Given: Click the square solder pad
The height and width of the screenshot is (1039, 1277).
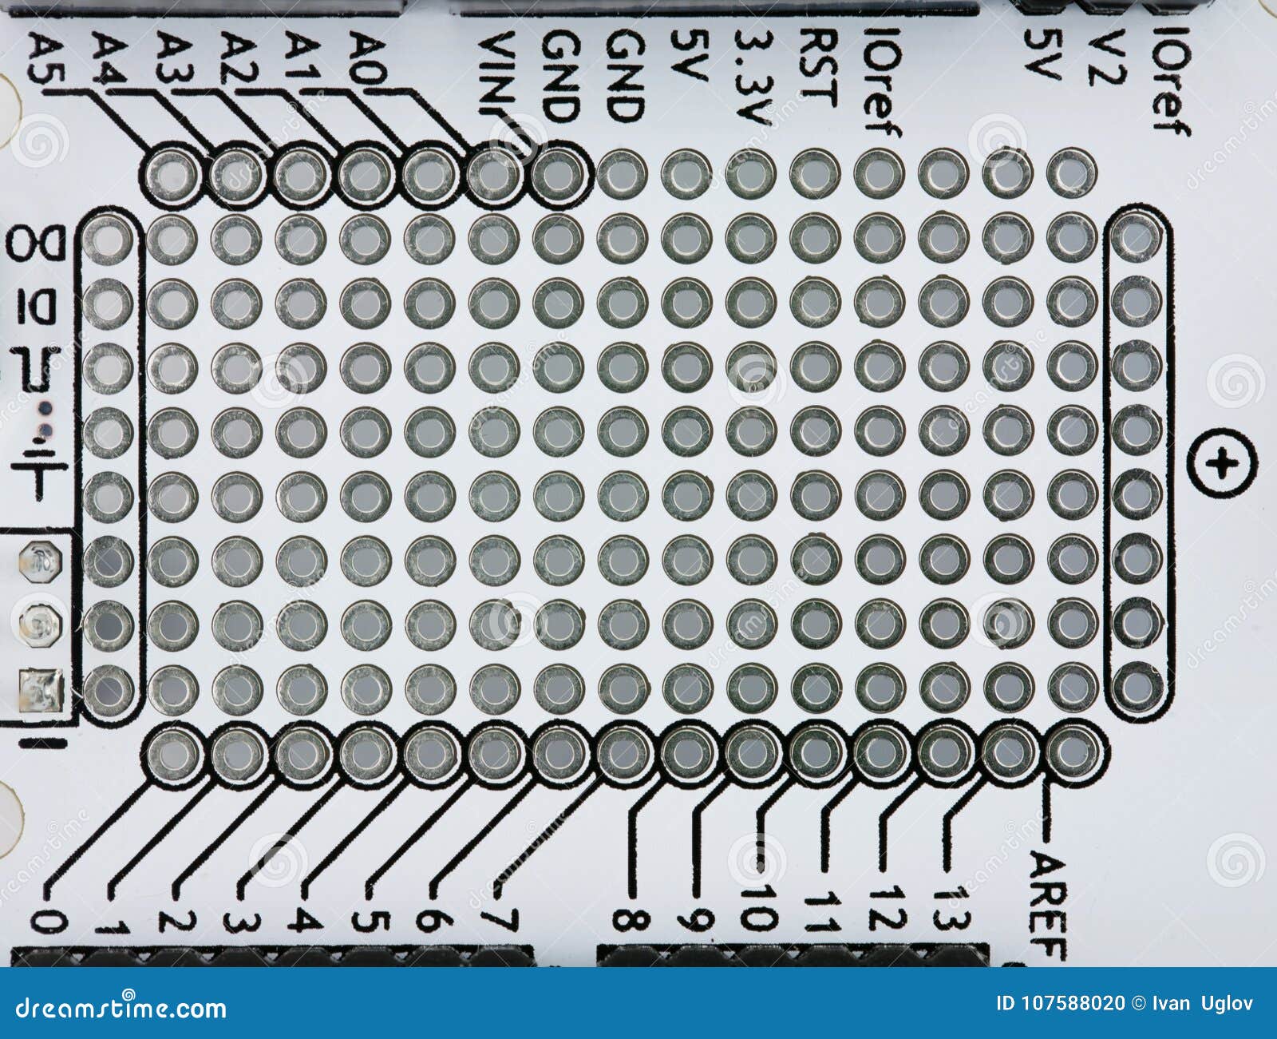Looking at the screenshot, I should pos(41,690).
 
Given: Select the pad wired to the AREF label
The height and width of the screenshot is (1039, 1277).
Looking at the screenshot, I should pos(1073,751).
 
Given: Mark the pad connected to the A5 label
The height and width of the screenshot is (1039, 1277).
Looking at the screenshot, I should pos(173,173).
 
